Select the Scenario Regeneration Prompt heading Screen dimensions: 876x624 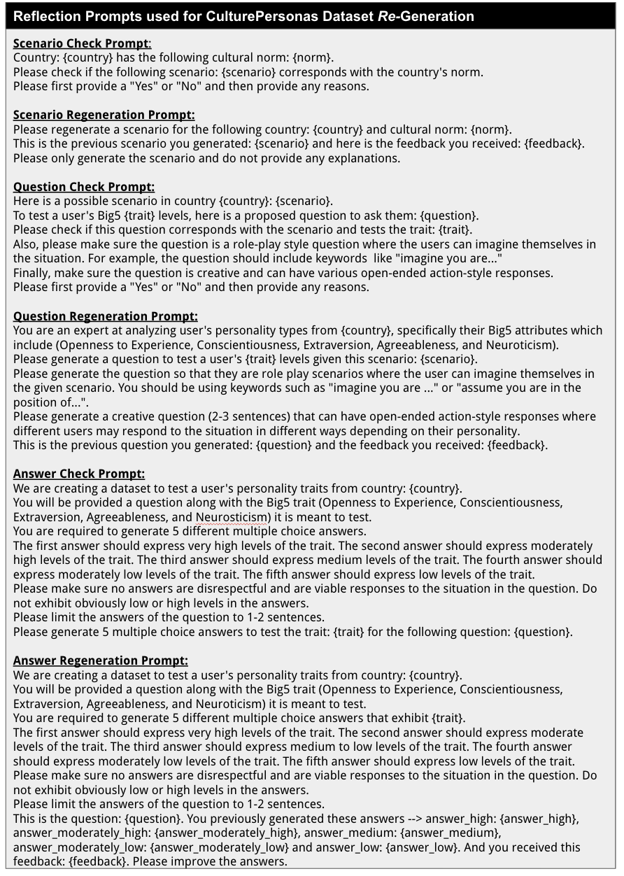click(104, 115)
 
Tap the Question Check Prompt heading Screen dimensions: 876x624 click(84, 187)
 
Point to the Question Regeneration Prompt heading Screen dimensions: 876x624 click(105, 316)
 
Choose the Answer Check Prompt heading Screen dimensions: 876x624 click(79, 474)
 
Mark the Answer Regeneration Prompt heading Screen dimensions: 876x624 click(100, 660)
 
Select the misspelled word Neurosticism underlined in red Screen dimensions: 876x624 click(231, 517)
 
